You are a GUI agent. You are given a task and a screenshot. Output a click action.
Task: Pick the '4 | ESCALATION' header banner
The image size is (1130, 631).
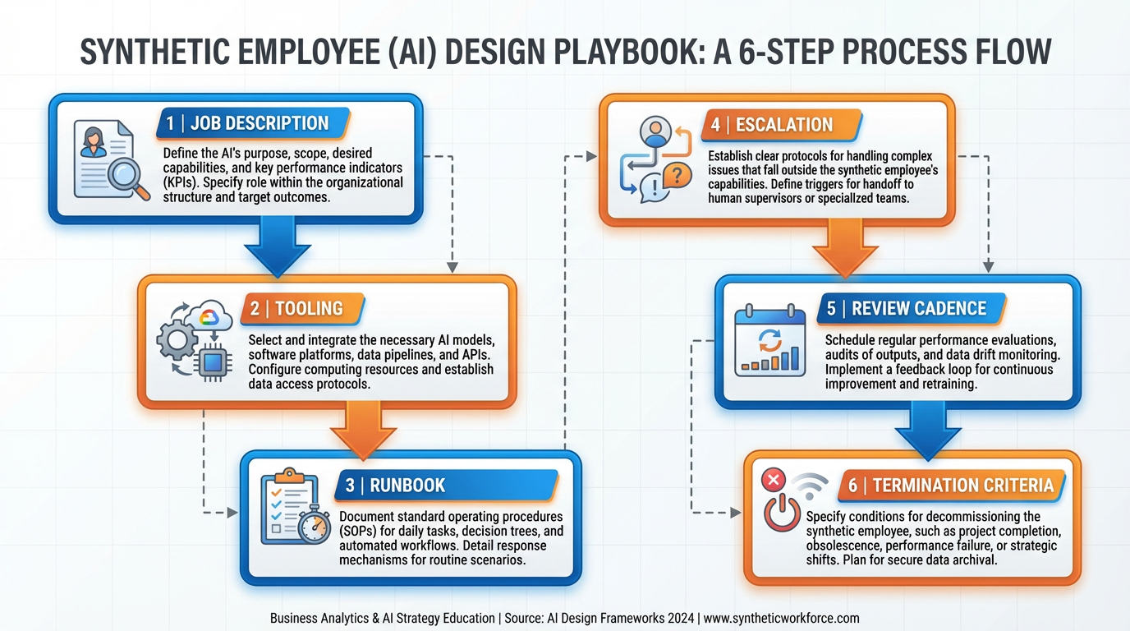click(x=781, y=125)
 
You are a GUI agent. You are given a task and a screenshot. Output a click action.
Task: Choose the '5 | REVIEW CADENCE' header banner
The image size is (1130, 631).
click(x=912, y=308)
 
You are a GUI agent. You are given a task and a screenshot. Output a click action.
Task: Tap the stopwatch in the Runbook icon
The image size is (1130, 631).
click(x=312, y=525)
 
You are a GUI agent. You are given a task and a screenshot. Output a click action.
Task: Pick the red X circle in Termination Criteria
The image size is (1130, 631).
click(x=773, y=479)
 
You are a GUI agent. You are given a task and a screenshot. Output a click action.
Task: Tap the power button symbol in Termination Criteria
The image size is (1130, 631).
click(x=781, y=514)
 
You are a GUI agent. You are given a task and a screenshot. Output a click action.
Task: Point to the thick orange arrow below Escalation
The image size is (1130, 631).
click(x=846, y=251)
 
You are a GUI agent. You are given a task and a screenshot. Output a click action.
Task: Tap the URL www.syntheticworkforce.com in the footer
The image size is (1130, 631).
click(x=782, y=618)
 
